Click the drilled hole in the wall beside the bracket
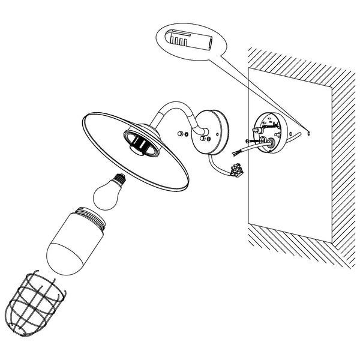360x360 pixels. pos(307,134)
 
